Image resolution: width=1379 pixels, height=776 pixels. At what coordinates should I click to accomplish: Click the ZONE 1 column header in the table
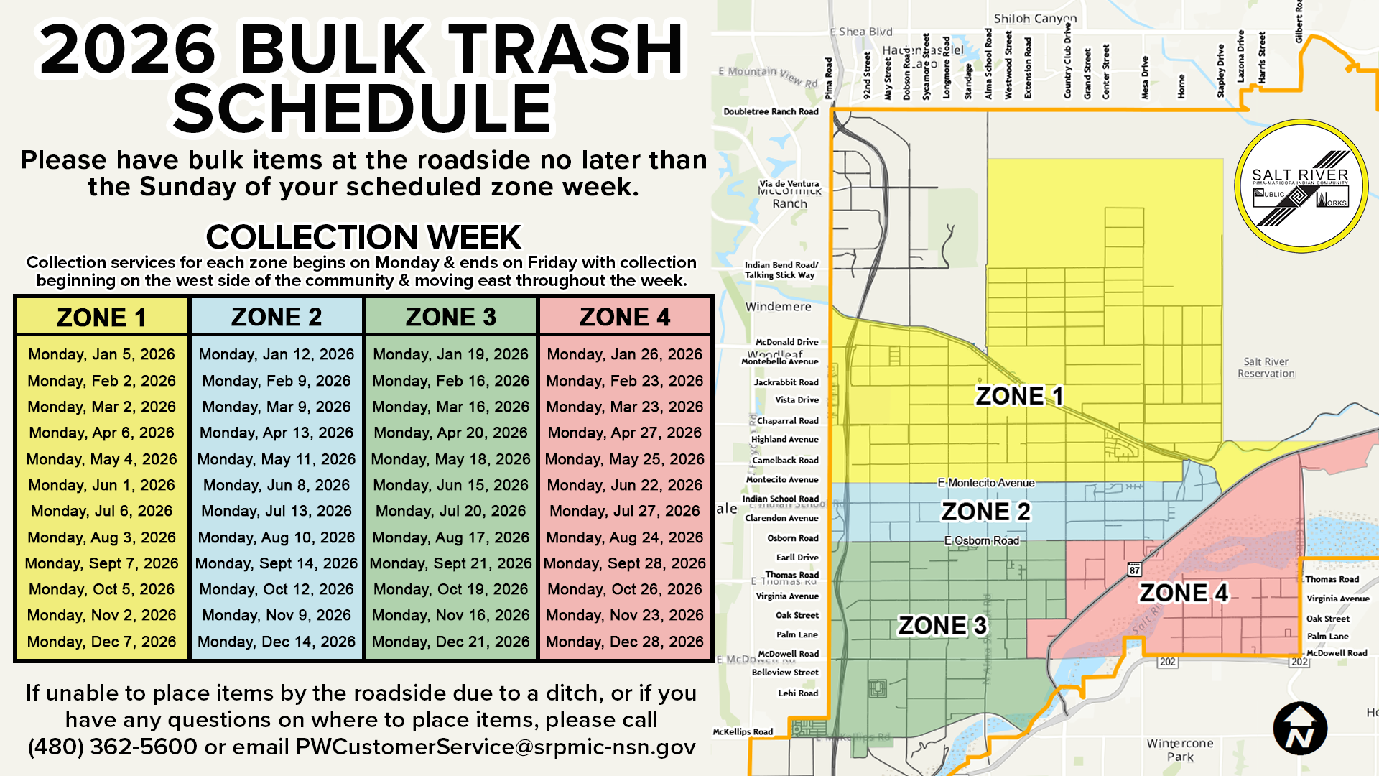point(101,317)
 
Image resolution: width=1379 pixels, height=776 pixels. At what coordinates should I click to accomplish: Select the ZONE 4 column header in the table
point(625,317)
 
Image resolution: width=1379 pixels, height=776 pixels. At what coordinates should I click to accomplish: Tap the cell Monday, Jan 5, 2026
point(101,354)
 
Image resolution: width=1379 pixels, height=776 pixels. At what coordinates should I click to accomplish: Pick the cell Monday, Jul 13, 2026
point(277,511)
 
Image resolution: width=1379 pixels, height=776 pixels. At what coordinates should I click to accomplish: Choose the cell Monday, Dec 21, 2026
point(451,642)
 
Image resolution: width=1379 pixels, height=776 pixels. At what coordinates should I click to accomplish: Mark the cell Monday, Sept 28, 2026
point(625,563)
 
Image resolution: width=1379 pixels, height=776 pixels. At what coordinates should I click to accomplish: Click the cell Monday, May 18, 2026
point(451,459)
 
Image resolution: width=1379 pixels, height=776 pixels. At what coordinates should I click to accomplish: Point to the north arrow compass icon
point(1300,729)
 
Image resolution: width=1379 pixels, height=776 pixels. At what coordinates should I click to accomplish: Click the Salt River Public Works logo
point(1301,186)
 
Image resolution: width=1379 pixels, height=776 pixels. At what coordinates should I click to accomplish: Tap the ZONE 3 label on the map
point(942,626)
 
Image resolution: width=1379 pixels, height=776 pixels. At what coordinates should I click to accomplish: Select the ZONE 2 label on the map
point(985,512)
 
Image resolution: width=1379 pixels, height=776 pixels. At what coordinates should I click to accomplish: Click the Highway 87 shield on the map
point(1134,570)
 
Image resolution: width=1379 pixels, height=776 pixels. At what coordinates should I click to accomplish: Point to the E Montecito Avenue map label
point(986,483)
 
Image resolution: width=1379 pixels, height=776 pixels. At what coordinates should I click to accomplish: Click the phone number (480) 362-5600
point(113,747)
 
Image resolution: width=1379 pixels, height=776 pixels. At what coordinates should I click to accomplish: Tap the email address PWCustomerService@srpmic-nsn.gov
point(496,747)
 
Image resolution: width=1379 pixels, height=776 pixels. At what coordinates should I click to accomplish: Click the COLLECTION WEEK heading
point(363,237)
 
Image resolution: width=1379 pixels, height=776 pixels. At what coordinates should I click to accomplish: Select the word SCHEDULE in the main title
point(362,108)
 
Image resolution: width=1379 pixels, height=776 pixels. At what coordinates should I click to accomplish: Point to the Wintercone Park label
point(1180,749)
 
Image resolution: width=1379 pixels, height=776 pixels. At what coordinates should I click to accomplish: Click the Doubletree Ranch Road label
point(771,111)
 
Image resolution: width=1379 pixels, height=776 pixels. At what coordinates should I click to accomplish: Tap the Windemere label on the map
point(779,307)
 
